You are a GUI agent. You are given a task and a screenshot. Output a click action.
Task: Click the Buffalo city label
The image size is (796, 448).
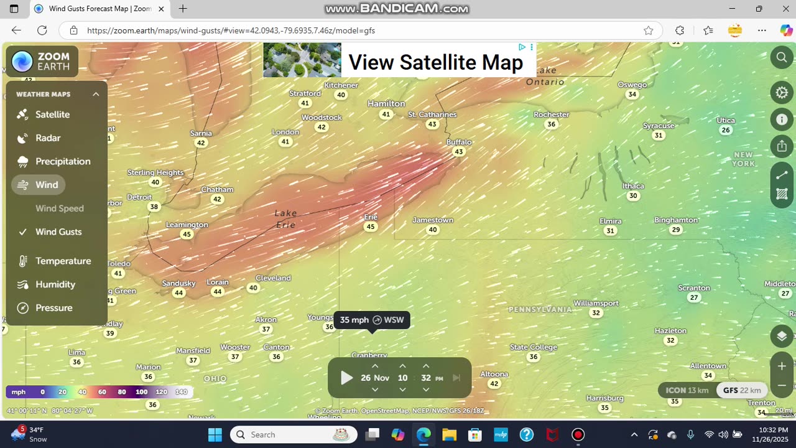pyautogui.click(x=459, y=142)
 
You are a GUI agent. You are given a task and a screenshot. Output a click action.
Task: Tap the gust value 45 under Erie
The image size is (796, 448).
pyautogui.click(x=371, y=226)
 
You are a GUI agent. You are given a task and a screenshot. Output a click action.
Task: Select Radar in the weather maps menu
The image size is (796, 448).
pyautogui.click(x=47, y=138)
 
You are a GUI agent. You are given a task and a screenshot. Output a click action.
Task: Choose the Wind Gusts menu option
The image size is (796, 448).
pyautogui.click(x=58, y=231)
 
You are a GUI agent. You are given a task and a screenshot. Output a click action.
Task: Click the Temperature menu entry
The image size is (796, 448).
pyautogui.click(x=63, y=261)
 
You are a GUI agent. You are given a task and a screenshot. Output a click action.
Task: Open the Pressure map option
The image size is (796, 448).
pyautogui.click(x=53, y=308)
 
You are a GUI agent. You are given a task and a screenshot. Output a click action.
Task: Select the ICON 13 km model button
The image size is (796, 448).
pyautogui.click(x=687, y=390)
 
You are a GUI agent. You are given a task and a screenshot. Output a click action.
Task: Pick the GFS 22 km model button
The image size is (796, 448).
pyautogui.click(x=742, y=390)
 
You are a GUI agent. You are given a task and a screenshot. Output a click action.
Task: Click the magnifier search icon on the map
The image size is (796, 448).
pyautogui.click(x=782, y=58)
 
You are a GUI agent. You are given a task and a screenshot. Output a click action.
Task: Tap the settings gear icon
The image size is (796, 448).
pyautogui.click(x=782, y=93)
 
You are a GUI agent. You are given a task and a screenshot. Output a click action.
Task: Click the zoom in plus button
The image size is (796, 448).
pyautogui.click(x=782, y=366)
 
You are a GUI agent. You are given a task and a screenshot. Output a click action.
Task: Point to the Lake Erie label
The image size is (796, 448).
pyautogui.click(x=286, y=218)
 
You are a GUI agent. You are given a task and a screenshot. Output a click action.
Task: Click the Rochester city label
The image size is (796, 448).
pyautogui.click(x=551, y=114)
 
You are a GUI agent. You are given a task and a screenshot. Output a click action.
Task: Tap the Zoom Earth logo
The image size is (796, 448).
pyautogui.click(x=42, y=62)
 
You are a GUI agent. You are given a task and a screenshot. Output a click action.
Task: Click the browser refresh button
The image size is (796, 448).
pyautogui.click(x=42, y=30)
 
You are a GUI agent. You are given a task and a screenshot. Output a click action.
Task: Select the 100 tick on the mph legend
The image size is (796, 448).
pyautogui.click(x=141, y=392)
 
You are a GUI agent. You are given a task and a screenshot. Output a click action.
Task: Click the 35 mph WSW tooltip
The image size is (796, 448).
pyautogui.click(x=372, y=320)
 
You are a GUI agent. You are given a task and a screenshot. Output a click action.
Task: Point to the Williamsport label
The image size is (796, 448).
pyautogui.click(x=596, y=303)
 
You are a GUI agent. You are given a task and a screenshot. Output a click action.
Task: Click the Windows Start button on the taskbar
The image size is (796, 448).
pyautogui.click(x=215, y=434)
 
